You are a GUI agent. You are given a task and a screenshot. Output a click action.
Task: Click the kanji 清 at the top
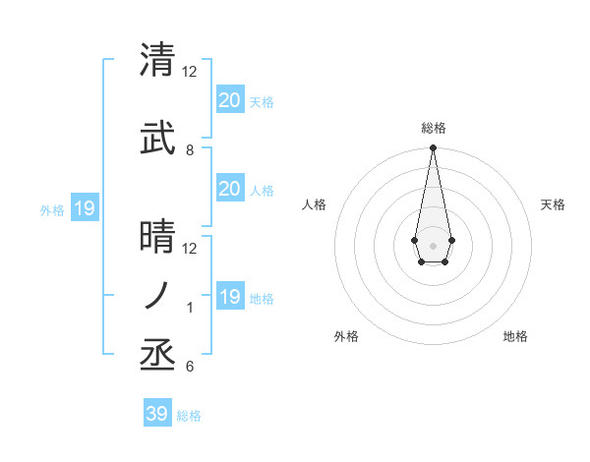158,60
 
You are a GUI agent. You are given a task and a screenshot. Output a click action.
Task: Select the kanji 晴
158,237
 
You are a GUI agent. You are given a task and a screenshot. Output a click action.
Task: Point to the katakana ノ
158,295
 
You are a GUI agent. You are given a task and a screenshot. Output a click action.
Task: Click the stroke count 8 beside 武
189,150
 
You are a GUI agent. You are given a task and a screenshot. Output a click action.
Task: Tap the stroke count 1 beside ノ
189,308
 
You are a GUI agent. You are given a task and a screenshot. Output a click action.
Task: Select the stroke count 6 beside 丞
189,367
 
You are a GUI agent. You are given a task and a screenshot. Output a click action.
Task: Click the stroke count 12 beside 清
190,72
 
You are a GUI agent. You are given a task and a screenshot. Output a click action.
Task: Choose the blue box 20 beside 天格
229,100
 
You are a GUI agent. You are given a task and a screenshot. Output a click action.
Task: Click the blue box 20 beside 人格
229,189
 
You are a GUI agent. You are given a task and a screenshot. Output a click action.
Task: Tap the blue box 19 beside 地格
229,297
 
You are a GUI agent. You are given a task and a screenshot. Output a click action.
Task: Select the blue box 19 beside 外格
84,208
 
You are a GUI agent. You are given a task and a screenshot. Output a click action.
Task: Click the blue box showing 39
156,414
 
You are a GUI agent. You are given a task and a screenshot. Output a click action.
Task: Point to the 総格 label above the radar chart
433,128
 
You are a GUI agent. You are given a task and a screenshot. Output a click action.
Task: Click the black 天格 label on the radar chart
553,204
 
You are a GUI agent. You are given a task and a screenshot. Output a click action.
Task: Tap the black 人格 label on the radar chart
314,204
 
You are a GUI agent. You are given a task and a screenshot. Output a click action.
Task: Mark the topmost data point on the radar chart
433,147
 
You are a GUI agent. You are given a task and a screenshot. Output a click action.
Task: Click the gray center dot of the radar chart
433,244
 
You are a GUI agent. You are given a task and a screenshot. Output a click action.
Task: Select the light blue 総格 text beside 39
189,416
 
